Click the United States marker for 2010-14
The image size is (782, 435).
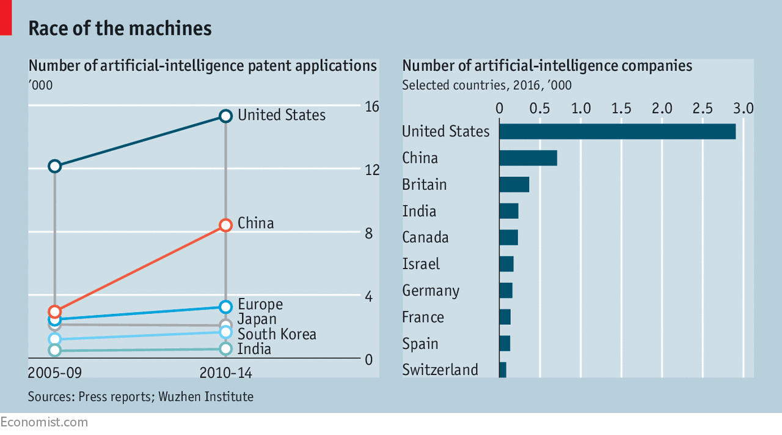pos(225,116)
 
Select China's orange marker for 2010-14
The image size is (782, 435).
pos(225,225)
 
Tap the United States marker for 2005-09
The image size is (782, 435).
pos(54,166)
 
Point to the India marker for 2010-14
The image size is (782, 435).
pos(225,349)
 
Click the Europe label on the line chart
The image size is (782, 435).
pos(260,304)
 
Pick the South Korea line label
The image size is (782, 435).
pos(277,334)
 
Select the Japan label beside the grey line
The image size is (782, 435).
pos(257,319)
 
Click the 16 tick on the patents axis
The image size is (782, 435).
pos(372,107)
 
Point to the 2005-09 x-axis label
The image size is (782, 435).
pos(54,373)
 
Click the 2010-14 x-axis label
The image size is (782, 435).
pos(226,373)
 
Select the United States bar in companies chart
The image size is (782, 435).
pos(617,131)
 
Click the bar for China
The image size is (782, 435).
pos(528,158)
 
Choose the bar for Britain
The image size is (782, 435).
pos(514,184)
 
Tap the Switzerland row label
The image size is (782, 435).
pos(440,370)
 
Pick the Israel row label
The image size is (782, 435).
pos(421,264)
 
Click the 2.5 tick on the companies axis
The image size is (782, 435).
pos(703,108)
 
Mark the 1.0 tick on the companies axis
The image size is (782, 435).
pos(580,108)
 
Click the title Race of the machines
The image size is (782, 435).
pos(120,28)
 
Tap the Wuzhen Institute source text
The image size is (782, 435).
pos(205,396)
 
